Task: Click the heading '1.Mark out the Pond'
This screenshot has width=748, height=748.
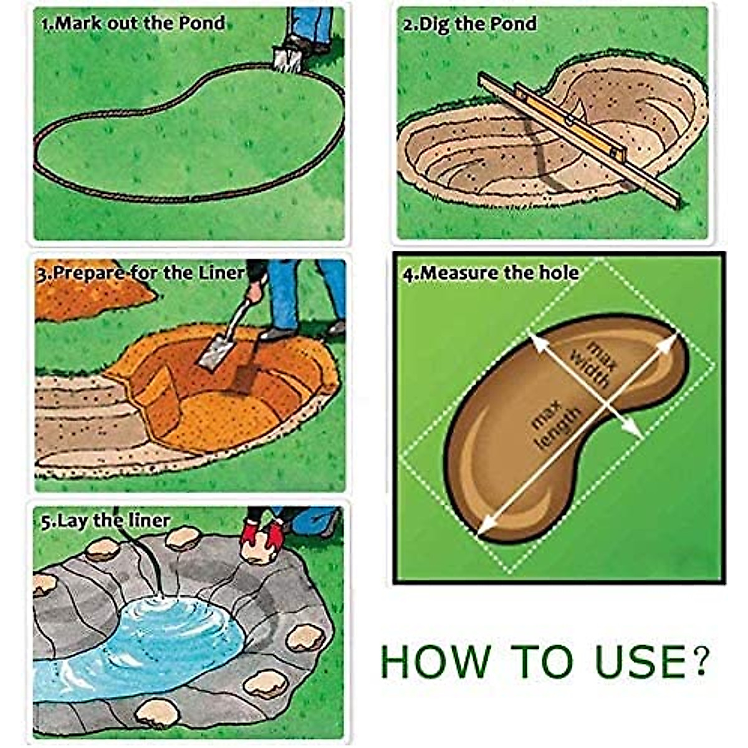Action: [132, 24]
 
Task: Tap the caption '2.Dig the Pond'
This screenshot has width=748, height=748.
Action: [469, 24]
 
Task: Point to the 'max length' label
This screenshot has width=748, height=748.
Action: [555, 427]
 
